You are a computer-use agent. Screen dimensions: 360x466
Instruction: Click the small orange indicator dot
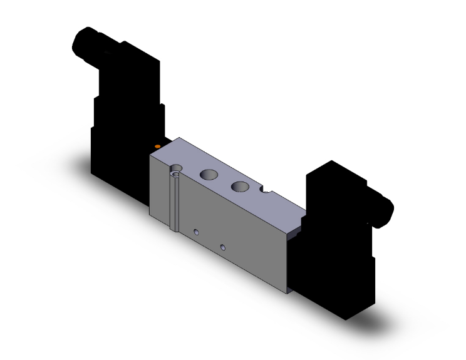[x=158, y=147]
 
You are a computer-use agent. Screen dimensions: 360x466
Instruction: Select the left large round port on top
[x=209, y=176]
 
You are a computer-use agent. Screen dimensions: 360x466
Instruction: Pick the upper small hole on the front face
[x=197, y=233]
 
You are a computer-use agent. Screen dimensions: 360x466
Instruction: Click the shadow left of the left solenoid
[x=78, y=160]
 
